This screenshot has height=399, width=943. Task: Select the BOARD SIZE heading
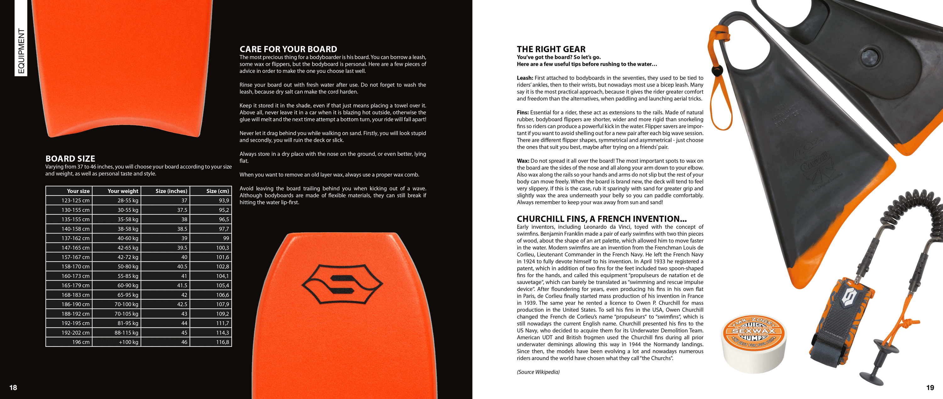pos(70,158)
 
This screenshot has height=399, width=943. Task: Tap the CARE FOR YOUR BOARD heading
pos(288,49)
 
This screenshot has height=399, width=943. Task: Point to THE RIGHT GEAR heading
pos(551,49)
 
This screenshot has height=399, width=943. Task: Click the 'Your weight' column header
pos(123,191)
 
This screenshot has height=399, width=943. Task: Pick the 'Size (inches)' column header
pos(171,191)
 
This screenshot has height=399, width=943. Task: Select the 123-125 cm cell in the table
pos(75,201)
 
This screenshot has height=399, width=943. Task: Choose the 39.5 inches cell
pos(182,248)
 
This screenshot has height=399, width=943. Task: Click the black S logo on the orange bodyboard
pos(342,284)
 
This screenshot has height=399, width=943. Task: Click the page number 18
pos(13,388)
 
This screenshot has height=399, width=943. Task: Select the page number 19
pos(930,388)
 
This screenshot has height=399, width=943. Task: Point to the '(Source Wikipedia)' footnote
pos(538,372)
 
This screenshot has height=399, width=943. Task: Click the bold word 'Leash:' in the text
pos(525,78)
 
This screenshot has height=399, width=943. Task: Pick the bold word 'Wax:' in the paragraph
pos(523,161)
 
